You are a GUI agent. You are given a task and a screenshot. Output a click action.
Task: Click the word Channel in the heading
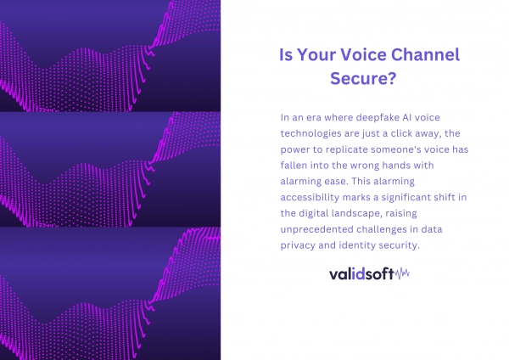(425, 54)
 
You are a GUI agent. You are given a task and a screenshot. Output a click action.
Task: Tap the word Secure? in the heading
(363, 78)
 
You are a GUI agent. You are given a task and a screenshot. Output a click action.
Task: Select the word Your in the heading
(316, 55)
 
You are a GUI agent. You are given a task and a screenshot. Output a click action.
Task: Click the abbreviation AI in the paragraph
(407, 117)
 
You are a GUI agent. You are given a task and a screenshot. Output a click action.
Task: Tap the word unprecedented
(316, 229)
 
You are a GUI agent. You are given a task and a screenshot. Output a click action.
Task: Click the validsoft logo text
(361, 274)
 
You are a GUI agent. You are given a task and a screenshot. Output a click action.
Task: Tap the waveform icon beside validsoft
(402, 273)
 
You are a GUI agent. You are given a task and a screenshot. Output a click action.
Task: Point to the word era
(314, 118)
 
